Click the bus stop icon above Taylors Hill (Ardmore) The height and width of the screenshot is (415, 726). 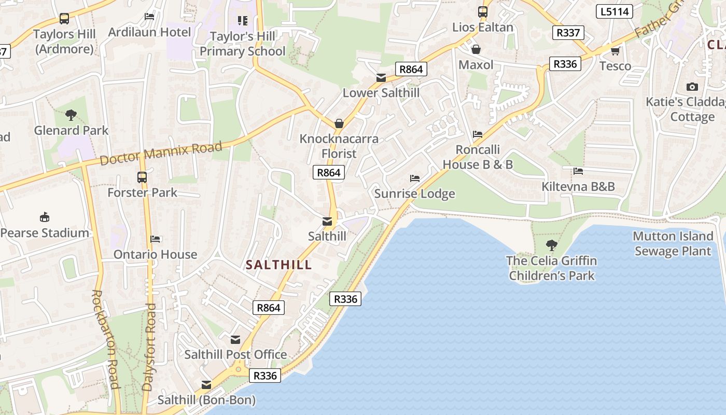point(64,19)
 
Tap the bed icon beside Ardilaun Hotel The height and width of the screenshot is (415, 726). point(149,17)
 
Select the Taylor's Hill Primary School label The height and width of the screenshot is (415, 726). point(242,44)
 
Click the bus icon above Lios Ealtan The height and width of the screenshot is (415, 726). point(483,11)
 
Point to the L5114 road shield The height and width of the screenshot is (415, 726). point(615,11)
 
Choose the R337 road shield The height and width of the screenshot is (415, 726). point(568,33)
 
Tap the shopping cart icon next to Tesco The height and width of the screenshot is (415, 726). point(615,51)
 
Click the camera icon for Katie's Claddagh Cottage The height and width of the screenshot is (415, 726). point(692,87)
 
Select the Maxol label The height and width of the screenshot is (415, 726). point(476,65)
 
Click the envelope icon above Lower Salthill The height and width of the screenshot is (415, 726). point(381,78)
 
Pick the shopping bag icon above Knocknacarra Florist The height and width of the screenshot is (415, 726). point(339,123)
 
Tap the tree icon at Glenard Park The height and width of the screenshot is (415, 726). point(71,115)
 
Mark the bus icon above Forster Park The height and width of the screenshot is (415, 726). point(142,177)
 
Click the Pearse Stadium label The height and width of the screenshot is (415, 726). point(45,233)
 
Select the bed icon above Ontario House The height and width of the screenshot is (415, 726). point(156,239)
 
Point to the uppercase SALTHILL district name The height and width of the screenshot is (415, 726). point(279,265)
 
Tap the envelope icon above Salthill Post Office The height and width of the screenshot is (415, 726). point(235,340)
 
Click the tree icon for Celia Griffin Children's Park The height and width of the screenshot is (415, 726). point(552,245)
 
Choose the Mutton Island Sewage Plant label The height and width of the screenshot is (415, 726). point(673,244)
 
